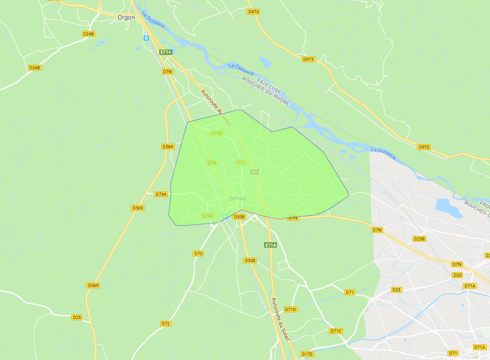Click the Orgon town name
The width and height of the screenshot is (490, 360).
(x=126, y=17)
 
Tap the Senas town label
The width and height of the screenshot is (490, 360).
(x=238, y=198)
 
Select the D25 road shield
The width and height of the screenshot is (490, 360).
(x=77, y=317)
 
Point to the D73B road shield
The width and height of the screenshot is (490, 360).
(x=217, y=133)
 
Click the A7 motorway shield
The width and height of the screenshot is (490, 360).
(x=254, y=172)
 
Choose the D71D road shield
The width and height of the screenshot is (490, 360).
(x=291, y=309)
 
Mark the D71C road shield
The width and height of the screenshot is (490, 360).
(x=336, y=331)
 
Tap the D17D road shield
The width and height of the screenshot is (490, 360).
(x=307, y=354)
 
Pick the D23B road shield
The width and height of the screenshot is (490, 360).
(x=419, y=239)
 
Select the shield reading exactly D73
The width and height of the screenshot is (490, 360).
(x=241, y=162)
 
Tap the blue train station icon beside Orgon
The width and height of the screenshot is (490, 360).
(x=146, y=38)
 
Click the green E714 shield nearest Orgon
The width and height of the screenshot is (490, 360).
(x=165, y=52)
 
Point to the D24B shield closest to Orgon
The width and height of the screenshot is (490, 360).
(x=88, y=34)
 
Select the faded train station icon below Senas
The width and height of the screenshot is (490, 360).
(x=225, y=216)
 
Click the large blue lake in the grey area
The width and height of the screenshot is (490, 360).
(x=449, y=208)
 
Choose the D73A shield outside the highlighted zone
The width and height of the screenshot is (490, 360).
(x=161, y=194)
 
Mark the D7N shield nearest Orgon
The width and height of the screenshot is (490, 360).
(x=167, y=71)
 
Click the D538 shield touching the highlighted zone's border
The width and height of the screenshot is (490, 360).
(x=239, y=216)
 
